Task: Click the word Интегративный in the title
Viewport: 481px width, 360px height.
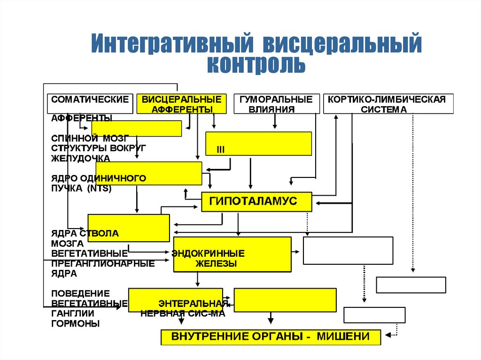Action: pyautogui.click(x=172, y=43)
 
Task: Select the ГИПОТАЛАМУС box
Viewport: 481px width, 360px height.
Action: pyautogui.click(x=256, y=201)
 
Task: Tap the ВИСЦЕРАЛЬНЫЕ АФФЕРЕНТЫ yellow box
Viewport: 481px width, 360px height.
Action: pyautogui.click(x=181, y=104)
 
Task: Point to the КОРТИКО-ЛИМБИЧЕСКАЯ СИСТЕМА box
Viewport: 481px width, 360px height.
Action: pyautogui.click(x=388, y=104)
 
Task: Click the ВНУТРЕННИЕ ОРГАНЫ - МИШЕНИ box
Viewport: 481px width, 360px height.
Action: pyautogui.click(x=270, y=337)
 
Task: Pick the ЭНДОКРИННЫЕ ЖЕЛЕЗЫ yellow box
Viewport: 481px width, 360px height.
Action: pyautogui.click(x=233, y=254)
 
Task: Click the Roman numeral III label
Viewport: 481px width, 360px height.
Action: pyautogui.click(x=221, y=150)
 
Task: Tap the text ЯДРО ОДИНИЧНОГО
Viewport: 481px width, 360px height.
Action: pyautogui.click(x=98, y=178)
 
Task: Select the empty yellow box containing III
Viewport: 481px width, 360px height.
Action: pyautogui.click(x=258, y=143)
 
